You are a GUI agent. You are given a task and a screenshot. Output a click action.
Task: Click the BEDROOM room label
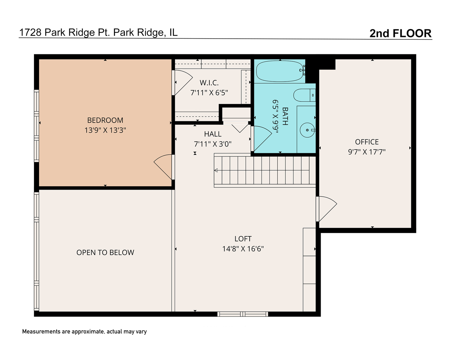105,120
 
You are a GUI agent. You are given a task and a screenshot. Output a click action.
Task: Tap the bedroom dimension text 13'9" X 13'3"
105,130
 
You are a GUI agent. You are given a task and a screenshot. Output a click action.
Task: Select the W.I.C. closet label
209,83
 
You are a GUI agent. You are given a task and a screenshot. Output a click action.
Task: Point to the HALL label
213,134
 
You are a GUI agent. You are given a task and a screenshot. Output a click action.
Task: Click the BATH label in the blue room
285,116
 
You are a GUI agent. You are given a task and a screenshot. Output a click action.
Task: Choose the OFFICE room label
367,142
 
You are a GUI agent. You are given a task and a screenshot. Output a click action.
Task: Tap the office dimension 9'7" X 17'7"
367,152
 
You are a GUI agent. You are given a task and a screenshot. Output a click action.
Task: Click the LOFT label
243,239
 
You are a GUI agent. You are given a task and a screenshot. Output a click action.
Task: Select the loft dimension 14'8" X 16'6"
243,249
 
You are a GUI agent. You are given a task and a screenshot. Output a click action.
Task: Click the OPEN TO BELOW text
105,253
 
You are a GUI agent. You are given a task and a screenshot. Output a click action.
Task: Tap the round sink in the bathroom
307,130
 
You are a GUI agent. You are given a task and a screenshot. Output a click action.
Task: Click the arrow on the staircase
216,170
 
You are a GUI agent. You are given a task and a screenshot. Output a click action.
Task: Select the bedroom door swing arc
163,167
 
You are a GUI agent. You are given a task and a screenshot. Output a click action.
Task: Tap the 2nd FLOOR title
400,33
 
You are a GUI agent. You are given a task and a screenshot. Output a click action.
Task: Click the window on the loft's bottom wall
243,314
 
